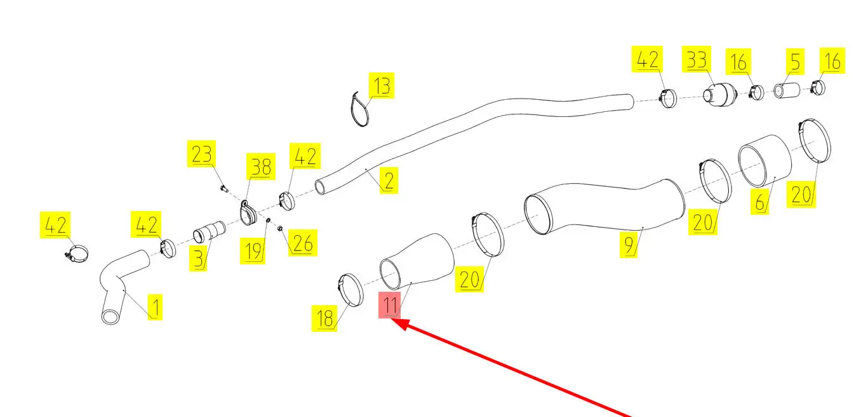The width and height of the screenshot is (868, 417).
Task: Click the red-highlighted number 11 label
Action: [389, 305]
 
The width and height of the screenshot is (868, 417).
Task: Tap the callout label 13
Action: [382, 85]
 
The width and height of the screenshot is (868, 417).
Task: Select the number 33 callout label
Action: [697, 60]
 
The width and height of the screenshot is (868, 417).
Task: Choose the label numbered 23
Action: [201, 154]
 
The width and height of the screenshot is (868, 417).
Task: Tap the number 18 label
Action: [324, 318]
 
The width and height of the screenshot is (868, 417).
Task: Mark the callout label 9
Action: [629, 245]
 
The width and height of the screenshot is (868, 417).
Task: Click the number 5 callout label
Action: [794, 61]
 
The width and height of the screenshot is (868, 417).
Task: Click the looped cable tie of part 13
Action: [359, 109]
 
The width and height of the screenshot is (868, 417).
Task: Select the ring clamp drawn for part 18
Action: [349, 291]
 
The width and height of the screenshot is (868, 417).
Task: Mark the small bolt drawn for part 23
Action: [223, 188]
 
